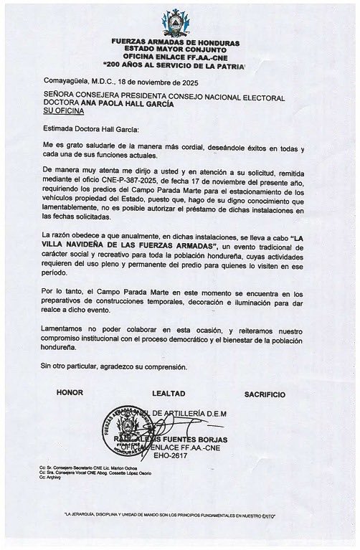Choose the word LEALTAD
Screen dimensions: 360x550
(169, 394)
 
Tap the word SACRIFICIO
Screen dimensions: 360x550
(265, 394)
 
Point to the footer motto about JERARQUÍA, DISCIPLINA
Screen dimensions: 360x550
(179, 515)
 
